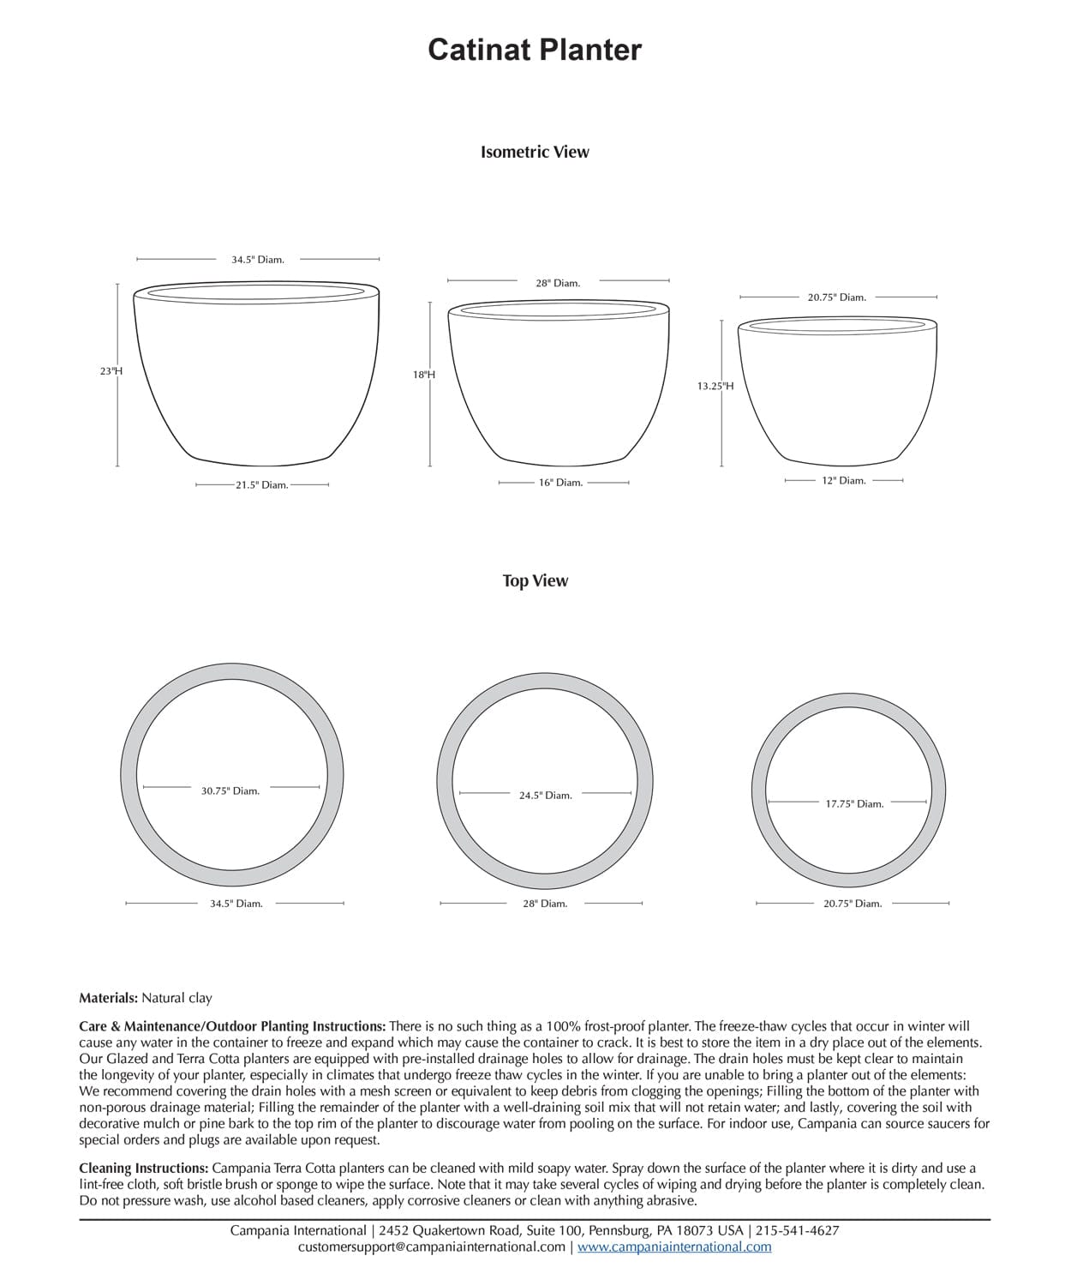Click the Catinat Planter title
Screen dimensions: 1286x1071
click(x=535, y=50)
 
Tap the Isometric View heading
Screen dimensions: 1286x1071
click(x=535, y=152)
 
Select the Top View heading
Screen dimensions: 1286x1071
click(x=535, y=580)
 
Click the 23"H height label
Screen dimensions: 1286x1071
click(x=111, y=371)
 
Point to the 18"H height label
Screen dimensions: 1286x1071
click(x=424, y=375)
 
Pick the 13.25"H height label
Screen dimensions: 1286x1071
click(x=715, y=386)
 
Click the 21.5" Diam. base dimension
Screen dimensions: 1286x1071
click(x=261, y=485)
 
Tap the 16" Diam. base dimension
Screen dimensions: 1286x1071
click(x=560, y=483)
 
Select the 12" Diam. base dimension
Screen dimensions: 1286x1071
click(x=844, y=481)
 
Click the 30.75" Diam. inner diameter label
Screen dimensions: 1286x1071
click(x=230, y=790)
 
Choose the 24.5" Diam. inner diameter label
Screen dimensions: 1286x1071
click(x=545, y=796)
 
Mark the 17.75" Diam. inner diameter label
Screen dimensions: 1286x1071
click(x=854, y=804)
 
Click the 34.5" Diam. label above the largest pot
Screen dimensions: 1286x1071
click(x=258, y=259)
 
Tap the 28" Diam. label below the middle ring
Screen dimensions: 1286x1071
click(x=545, y=904)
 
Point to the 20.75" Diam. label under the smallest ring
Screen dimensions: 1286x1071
click(x=853, y=904)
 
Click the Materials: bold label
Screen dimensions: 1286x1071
click(x=108, y=998)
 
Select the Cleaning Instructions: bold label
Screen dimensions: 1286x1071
click(x=143, y=1168)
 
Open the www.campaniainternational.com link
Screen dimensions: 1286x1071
click(x=674, y=1247)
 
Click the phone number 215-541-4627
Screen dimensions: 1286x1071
click(x=798, y=1230)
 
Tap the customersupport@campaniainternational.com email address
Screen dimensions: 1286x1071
click(x=432, y=1247)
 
